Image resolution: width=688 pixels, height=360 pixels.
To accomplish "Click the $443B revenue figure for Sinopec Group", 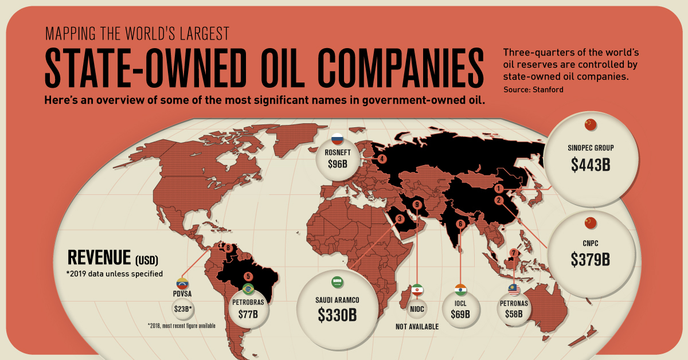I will point(591,165).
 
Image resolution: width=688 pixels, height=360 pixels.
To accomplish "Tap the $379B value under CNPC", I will point(591,259).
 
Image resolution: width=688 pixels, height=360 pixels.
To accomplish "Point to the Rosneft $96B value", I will point(337,164).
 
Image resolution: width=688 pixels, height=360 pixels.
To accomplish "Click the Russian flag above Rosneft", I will point(337,138).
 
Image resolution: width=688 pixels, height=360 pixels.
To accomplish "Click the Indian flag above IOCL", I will point(460,288).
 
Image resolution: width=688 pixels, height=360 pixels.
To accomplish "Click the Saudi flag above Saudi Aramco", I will point(337,283).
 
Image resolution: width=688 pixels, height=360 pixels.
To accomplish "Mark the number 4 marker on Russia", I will point(381,159).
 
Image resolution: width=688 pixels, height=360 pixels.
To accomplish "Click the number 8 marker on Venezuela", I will point(228,248).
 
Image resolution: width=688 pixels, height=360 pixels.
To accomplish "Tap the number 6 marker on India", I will point(459,224).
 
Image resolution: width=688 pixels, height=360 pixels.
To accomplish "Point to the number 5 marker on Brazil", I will point(248,276).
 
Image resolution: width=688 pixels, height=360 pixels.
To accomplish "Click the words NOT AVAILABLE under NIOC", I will point(417,327).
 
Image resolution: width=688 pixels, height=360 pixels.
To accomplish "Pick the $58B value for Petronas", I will point(514,314).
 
